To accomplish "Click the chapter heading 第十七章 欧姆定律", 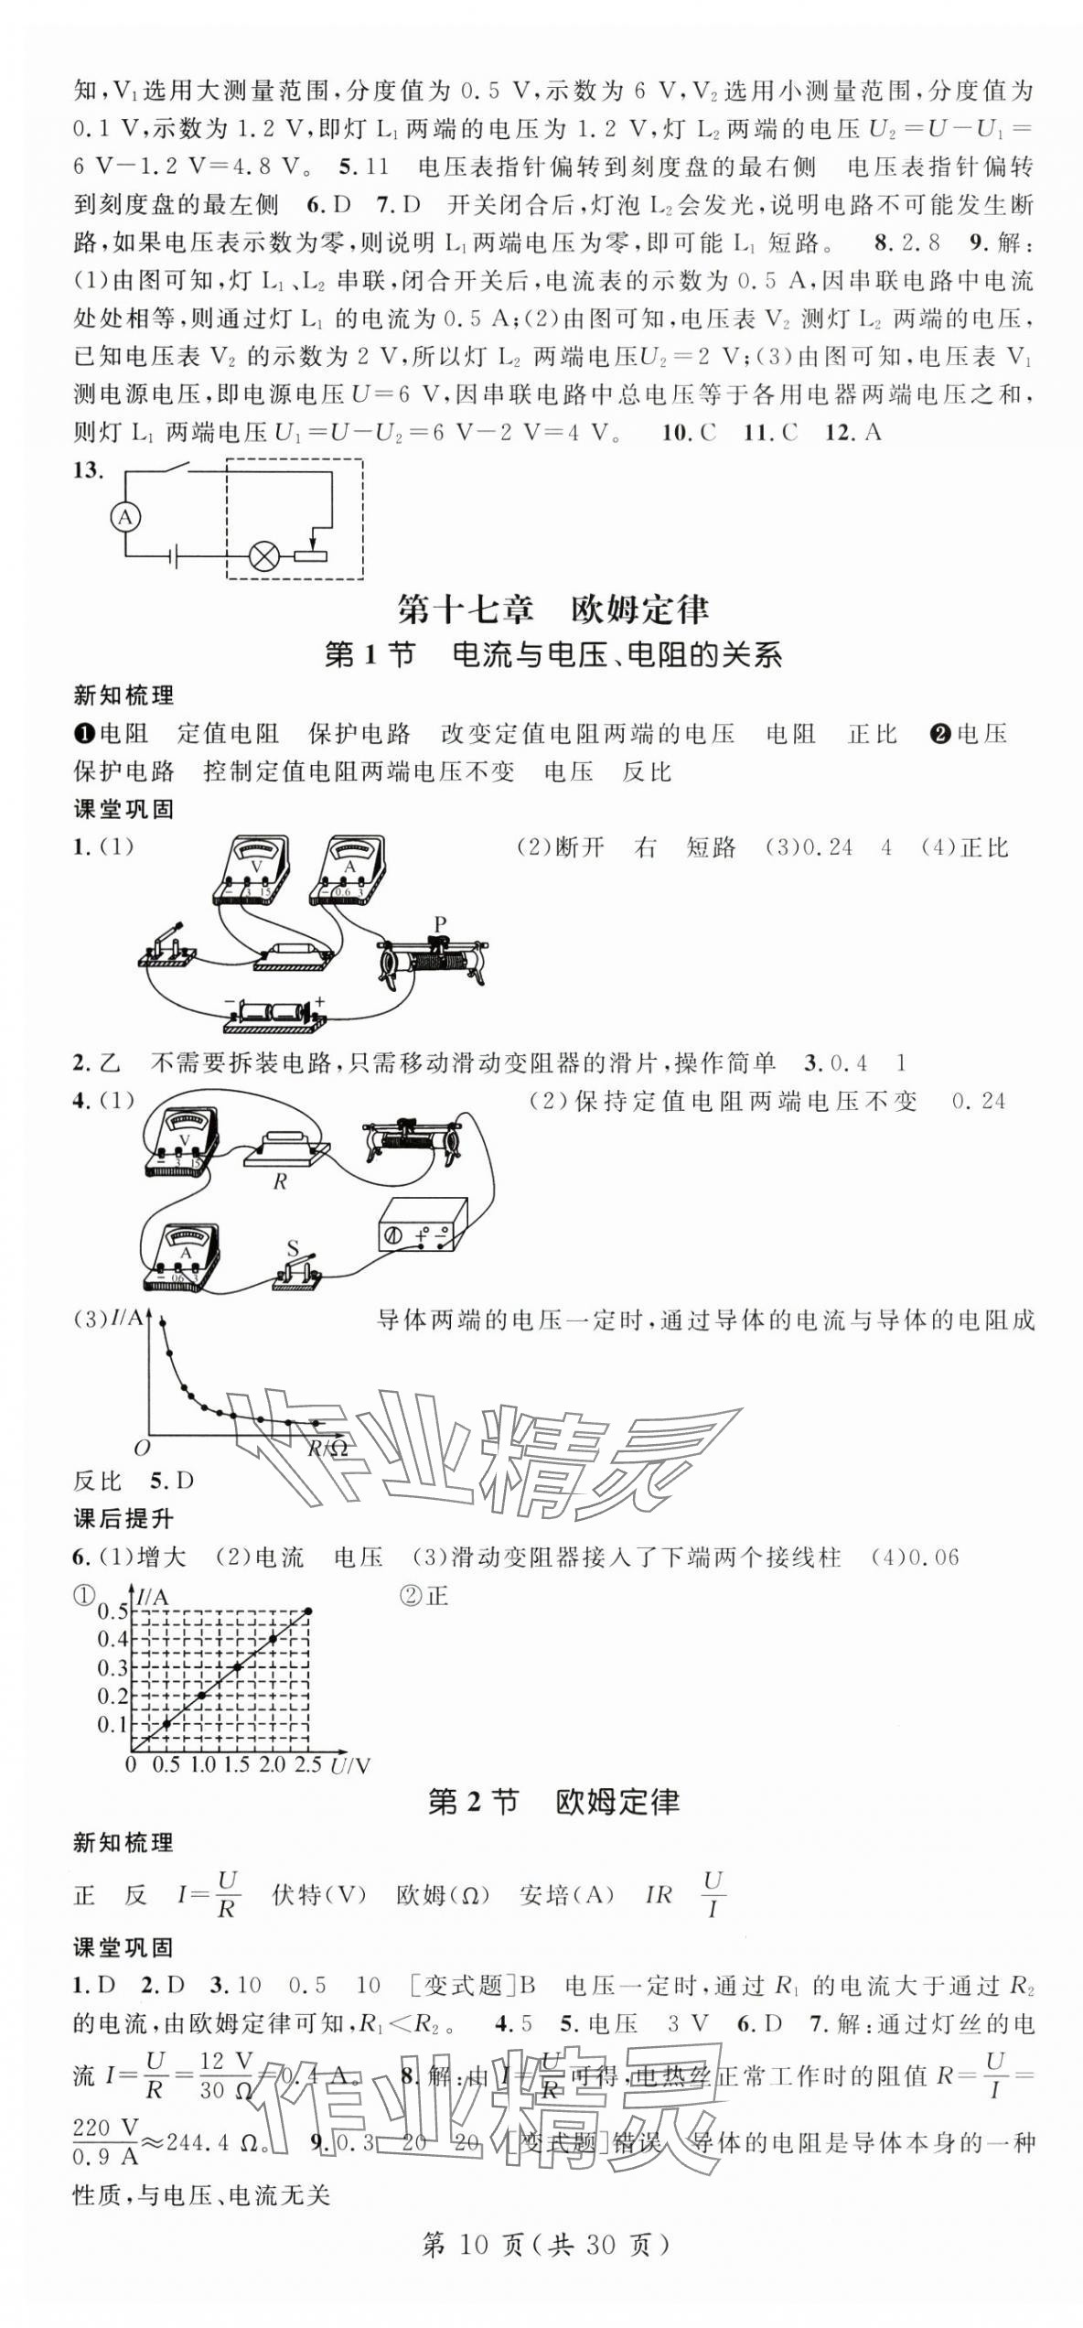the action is point(553,609).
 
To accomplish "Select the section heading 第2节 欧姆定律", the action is point(553,1803).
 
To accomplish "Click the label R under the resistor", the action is point(280,1181).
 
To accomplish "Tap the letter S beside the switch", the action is point(293,1248).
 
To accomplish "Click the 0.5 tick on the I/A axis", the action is point(113,1611).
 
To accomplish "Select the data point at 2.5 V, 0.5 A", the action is point(309,1611).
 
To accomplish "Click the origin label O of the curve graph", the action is point(141,1448).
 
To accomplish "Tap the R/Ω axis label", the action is point(327,1448).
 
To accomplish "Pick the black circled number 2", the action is point(938,733).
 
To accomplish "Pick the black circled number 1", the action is point(83,733).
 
